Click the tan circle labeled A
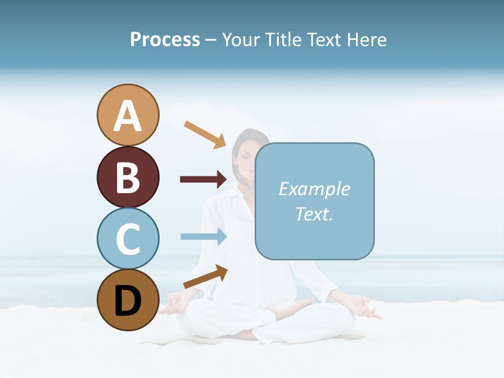(x=128, y=115)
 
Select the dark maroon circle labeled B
(x=128, y=177)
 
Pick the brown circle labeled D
(x=128, y=300)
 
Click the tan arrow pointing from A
(x=205, y=134)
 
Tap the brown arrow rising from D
(x=205, y=277)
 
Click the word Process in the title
(x=165, y=39)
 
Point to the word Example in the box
(x=314, y=189)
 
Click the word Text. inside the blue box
(x=314, y=214)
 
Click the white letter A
(x=128, y=116)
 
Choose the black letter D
(x=128, y=301)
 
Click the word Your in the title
(x=241, y=39)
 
